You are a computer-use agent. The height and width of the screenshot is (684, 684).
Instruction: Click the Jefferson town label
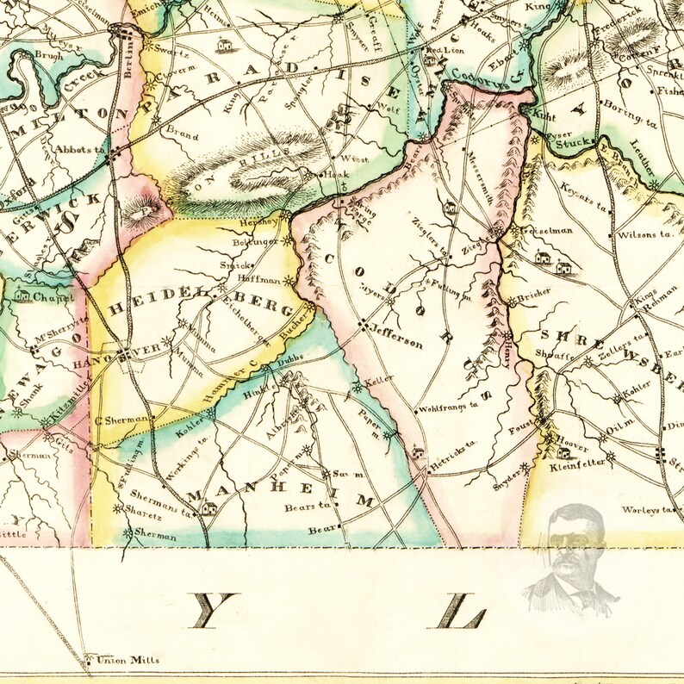click(x=397, y=342)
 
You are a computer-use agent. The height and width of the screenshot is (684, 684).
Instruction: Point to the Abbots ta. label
click(x=79, y=149)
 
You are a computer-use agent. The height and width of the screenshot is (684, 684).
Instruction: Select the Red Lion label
click(x=445, y=51)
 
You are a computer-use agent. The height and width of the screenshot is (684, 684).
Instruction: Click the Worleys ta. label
click(x=644, y=510)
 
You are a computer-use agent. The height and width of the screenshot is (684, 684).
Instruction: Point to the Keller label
click(x=379, y=379)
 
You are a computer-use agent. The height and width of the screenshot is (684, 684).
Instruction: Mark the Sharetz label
click(x=143, y=509)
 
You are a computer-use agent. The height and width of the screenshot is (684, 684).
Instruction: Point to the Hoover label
click(x=571, y=448)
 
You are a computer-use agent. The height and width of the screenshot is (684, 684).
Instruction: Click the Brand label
click(x=182, y=135)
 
